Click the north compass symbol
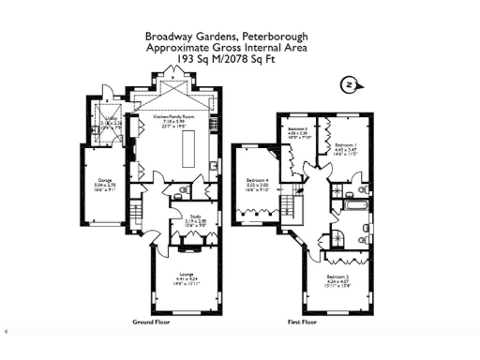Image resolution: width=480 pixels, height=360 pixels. pos(348,85)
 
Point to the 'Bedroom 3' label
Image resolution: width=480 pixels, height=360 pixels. pos(298,128)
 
